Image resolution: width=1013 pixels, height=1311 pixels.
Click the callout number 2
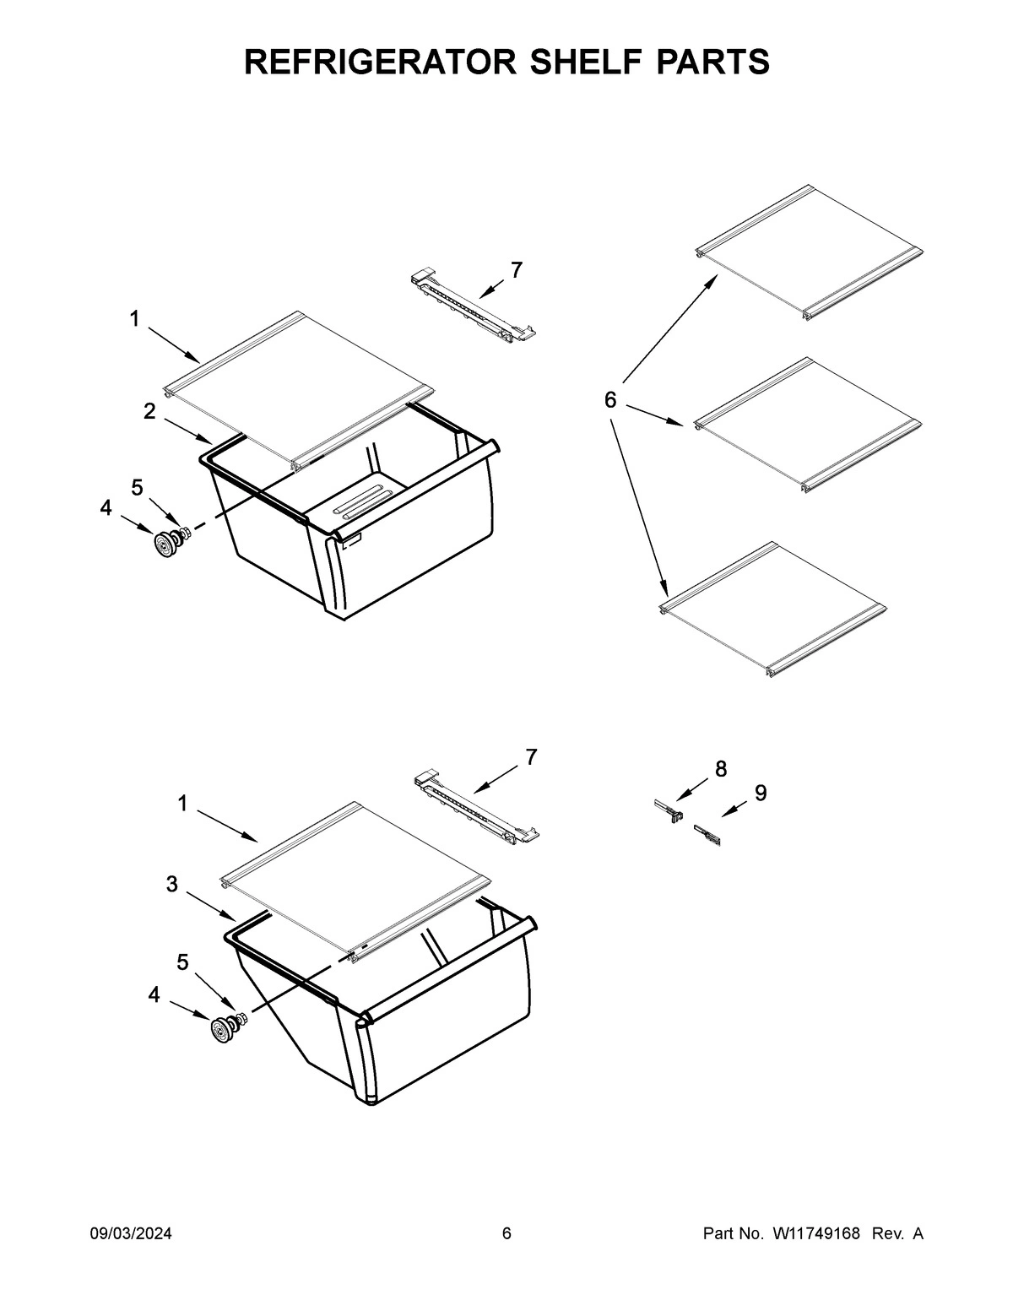click(x=149, y=412)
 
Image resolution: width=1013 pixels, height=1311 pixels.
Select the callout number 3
click(x=171, y=884)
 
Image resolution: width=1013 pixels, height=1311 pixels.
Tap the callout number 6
click(x=611, y=399)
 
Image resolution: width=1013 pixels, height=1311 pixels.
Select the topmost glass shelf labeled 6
click(x=809, y=252)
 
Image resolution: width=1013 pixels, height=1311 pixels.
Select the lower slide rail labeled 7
click(x=477, y=807)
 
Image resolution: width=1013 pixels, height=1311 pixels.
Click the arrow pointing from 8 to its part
click(x=692, y=789)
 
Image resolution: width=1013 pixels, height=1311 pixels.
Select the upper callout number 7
click(x=516, y=270)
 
